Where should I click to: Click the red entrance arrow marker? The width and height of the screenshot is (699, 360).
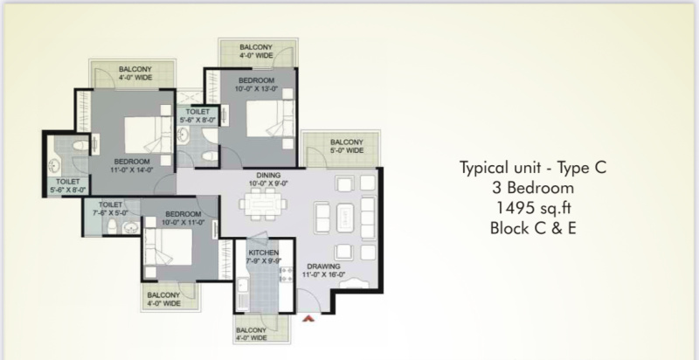308,318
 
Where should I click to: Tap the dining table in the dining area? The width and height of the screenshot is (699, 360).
263,204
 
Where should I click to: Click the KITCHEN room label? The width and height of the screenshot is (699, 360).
264,253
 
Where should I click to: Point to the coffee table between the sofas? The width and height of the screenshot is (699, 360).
345,218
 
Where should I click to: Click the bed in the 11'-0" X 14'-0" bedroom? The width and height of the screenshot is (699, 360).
148,135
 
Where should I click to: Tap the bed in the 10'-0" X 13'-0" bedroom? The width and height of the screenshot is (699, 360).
270,118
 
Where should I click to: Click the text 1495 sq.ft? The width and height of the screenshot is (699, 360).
534,208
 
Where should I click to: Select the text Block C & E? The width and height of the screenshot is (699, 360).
533,228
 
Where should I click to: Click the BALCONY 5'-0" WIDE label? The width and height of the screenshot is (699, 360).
346,146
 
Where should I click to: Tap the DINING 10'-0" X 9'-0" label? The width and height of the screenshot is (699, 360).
268,179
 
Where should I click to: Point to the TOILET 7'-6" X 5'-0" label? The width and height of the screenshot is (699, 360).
110,209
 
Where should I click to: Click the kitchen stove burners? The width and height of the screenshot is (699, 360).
286,274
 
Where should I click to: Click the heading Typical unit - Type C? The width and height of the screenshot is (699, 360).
533,168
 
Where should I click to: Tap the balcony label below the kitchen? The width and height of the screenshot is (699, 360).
251,334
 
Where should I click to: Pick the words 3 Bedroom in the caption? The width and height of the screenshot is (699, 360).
533,188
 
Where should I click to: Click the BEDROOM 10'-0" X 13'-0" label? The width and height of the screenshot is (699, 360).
256,84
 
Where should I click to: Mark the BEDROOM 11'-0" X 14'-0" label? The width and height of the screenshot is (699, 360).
132,165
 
